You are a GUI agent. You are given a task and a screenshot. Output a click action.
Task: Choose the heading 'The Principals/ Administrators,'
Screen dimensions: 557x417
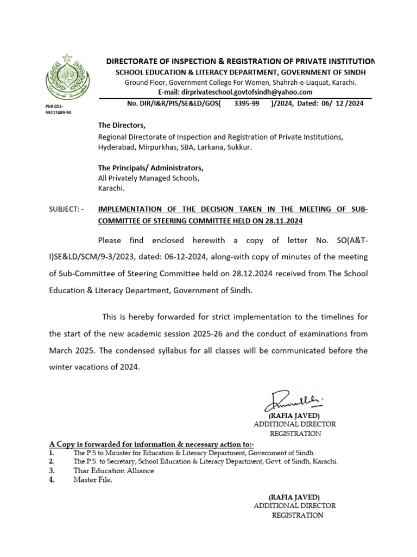point(150,168)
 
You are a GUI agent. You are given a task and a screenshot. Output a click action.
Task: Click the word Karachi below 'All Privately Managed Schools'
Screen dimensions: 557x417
point(111,188)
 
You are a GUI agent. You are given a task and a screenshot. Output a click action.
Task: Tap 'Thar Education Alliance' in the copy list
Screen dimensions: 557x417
point(113,471)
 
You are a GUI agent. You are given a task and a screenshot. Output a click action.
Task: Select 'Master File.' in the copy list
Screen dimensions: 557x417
point(93,480)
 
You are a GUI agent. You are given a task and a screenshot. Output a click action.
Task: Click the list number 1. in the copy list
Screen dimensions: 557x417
point(51,453)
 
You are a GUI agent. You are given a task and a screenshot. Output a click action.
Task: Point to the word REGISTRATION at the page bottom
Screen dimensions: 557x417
point(297,515)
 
